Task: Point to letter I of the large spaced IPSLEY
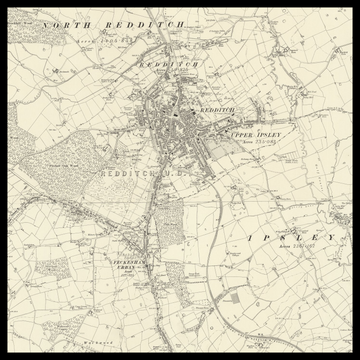tap(248, 238)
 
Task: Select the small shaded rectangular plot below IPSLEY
tap(232, 297)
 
